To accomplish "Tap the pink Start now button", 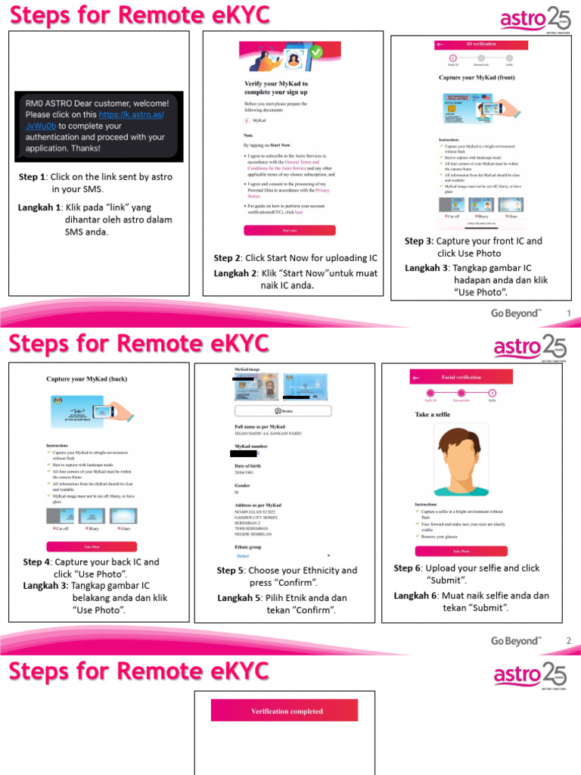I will (289, 230).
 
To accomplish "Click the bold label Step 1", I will (33, 177).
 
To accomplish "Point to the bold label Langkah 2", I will (235, 273).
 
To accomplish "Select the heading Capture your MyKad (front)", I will (478, 77).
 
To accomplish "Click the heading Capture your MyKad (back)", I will (86, 378).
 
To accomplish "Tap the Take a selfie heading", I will (433, 414).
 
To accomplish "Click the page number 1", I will (568, 313).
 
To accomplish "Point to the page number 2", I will (568, 641).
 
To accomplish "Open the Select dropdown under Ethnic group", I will (244, 556).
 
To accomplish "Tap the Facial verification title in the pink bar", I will (461, 377).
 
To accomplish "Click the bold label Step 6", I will (408, 568).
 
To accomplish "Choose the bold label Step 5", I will (231, 571).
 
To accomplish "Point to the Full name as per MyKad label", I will (266, 427).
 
